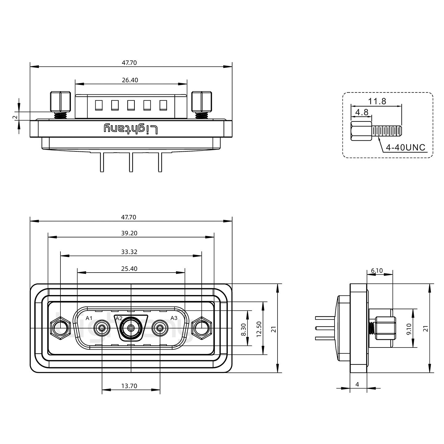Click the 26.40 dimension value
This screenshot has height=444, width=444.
tap(130, 80)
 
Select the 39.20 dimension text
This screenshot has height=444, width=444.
tap(129, 233)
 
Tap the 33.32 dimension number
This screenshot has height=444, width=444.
tap(129, 252)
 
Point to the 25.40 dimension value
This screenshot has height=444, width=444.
tap(129, 269)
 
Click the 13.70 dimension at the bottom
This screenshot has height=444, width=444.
tap(129, 386)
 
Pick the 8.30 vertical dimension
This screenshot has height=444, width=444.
tap(243, 330)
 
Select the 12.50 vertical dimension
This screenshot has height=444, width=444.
tap(259, 329)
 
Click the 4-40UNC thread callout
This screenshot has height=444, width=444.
tap(406, 148)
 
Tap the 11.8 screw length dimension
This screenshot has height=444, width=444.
tap(377, 101)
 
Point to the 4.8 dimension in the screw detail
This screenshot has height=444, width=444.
tap(362, 112)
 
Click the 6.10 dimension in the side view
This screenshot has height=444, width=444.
tap(377, 271)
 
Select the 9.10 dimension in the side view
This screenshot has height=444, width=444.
tap(409, 329)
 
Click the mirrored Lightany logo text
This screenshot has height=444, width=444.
tap(131, 129)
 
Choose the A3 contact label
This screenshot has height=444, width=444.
tap(174, 318)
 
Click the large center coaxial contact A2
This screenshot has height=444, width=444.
tap(131, 328)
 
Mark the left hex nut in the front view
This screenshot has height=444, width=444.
tap(61, 328)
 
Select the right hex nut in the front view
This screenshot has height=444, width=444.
tap(201, 328)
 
